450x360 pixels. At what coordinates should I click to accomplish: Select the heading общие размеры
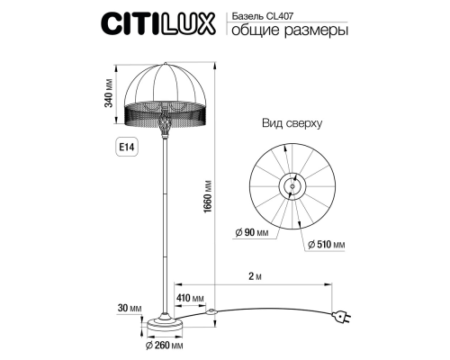click(290, 31)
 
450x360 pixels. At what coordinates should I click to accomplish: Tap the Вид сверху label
click(291, 123)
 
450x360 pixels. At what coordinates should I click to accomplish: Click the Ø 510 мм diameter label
click(327, 244)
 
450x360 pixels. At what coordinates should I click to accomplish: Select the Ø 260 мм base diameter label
click(165, 346)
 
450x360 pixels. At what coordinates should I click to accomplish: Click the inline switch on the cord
click(212, 312)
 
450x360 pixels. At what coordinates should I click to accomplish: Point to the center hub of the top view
click(291, 184)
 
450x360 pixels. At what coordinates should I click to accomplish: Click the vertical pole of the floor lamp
click(164, 225)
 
